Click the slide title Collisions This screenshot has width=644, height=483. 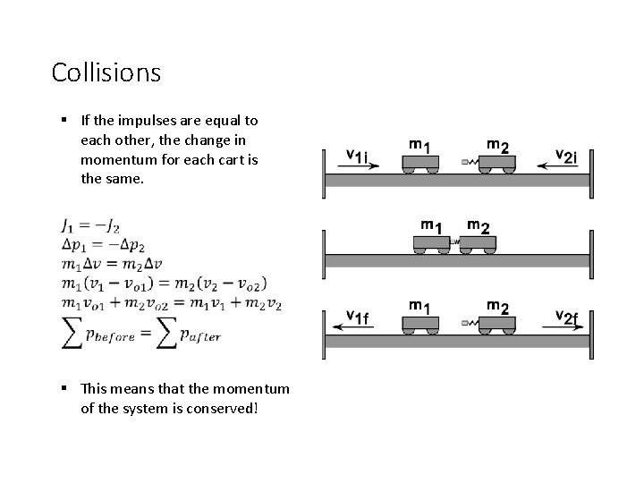click(106, 72)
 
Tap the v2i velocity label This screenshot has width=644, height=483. click(572, 155)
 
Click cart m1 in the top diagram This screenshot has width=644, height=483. click(419, 164)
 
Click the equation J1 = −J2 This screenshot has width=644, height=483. click(91, 226)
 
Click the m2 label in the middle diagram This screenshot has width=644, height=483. click(479, 226)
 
